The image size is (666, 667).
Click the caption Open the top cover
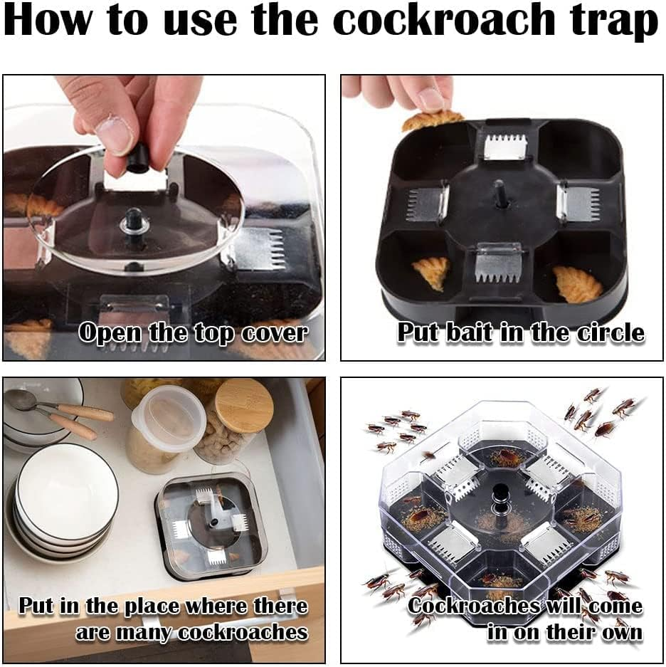point(192,333)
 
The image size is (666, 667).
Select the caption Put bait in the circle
point(521,333)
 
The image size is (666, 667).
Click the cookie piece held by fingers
point(432,120)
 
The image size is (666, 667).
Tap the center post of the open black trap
point(501,193)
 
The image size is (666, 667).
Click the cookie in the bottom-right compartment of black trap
point(577,283)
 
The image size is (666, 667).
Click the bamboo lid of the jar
point(243,405)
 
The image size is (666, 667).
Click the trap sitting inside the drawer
point(211,524)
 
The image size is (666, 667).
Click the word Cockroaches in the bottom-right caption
point(473,606)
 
